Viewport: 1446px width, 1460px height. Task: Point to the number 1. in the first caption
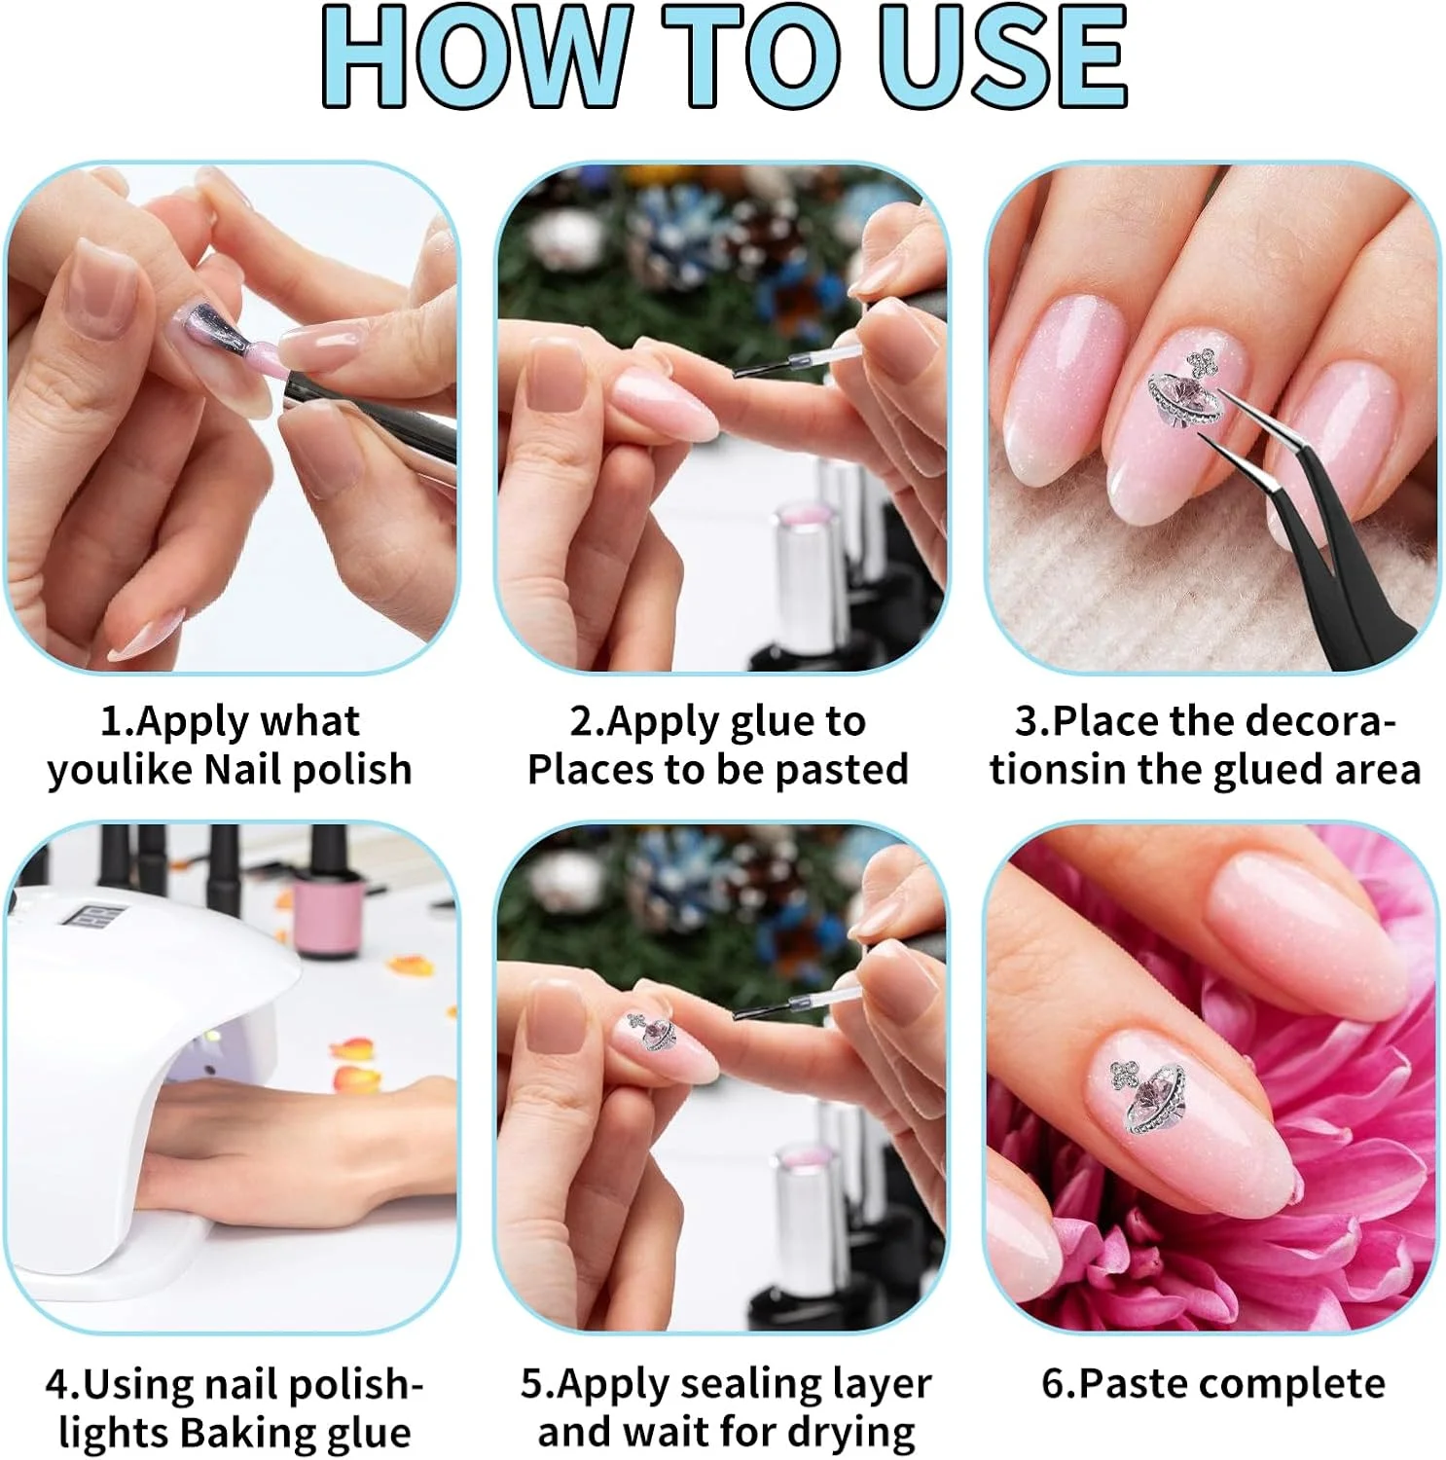click(x=116, y=722)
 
